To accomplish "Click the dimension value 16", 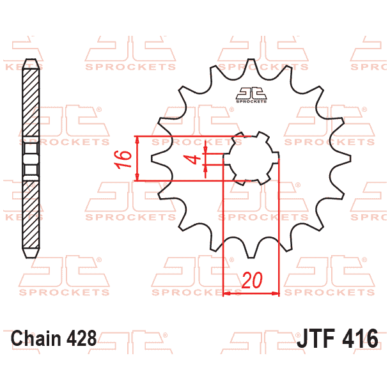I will click(x=126, y=158).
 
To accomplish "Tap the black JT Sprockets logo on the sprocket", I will click(x=251, y=94).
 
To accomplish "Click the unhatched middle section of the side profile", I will click(x=29, y=159).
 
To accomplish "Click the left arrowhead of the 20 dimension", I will click(x=225, y=294).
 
